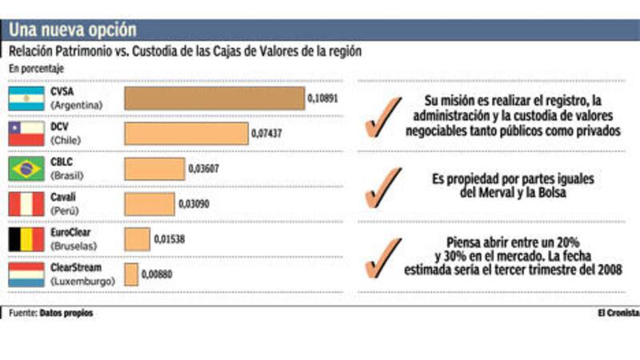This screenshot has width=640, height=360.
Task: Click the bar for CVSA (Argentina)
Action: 214,98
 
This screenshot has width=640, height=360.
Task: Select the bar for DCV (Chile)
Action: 186,134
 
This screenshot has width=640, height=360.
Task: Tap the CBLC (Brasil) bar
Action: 154,169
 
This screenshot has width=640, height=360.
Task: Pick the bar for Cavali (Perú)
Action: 149,203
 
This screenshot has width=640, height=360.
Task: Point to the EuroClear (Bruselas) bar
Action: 137,238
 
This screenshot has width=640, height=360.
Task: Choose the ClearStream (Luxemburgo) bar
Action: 131,274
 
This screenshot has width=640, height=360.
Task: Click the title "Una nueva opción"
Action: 73,30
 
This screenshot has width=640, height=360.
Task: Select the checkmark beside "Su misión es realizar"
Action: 382,117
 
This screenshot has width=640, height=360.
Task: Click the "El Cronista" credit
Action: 617,313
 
